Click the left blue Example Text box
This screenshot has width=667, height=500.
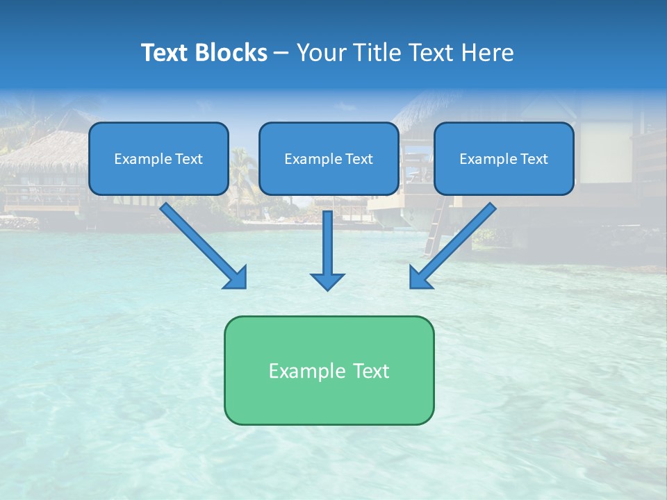(158, 158)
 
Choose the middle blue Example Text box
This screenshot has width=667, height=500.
(329, 158)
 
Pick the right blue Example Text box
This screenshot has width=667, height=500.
(504, 158)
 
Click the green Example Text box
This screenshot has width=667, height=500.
(329, 370)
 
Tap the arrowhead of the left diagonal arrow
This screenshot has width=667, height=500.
(236, 278)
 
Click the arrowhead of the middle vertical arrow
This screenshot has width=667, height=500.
(327, 281)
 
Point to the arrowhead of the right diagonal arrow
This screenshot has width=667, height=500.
(420, 278)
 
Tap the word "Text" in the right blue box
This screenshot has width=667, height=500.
(534, 159)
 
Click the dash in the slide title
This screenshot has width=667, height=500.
(281, 53)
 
